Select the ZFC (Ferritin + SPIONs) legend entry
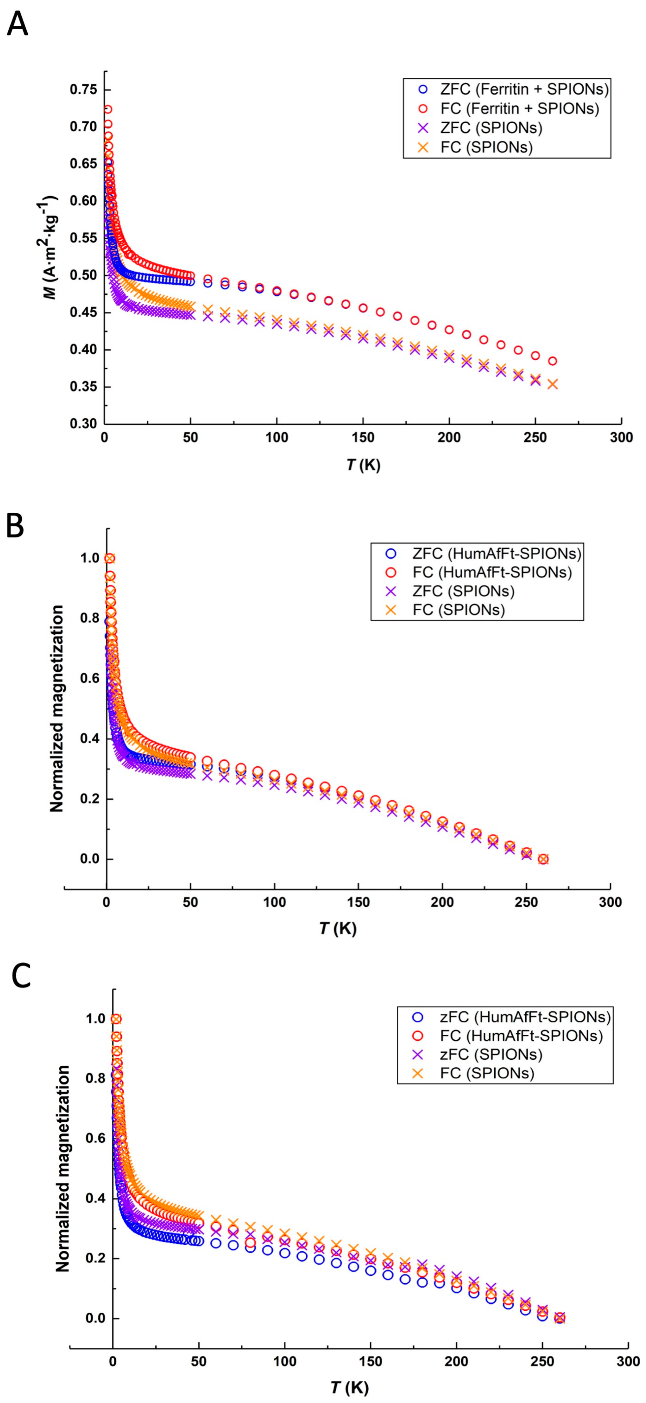[x=515, y=89]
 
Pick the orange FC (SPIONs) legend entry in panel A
[x=477, y=147]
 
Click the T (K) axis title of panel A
[x=363, y=465]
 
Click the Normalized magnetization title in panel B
[x=57, y=709]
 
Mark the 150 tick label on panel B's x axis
[x=358, y=902]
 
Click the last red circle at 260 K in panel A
[x=552, y=361]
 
